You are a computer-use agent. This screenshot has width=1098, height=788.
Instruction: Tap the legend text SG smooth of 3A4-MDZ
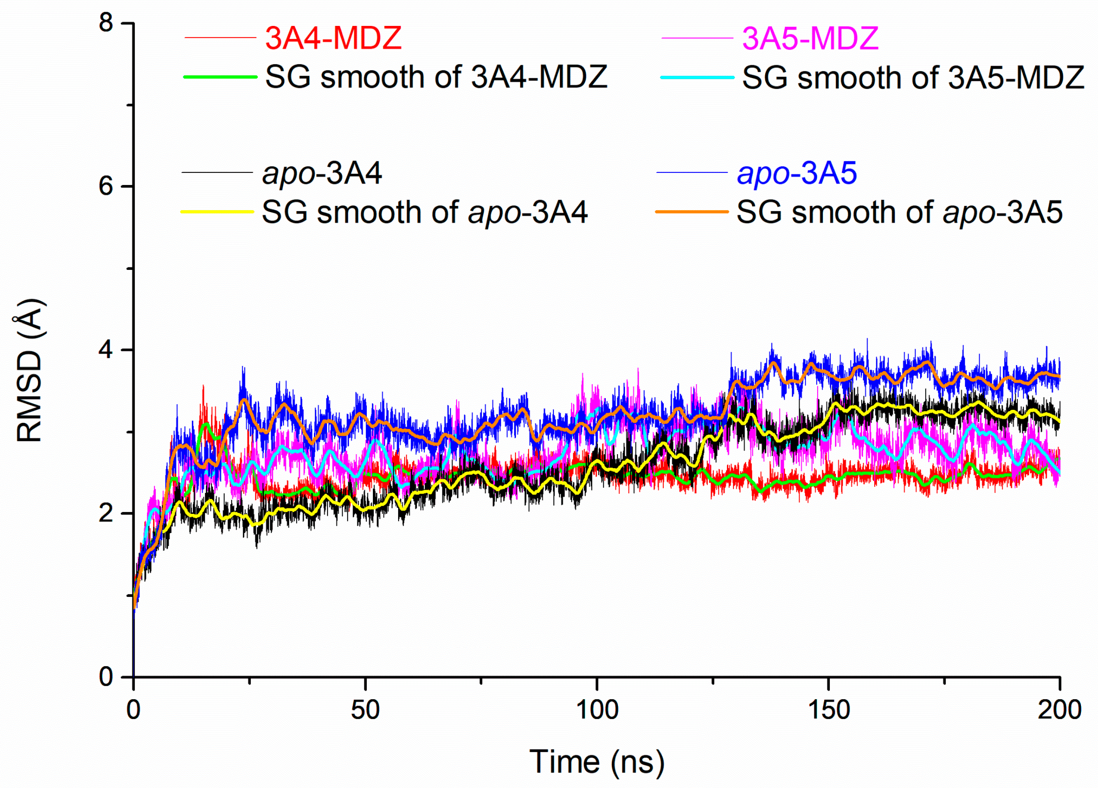pyautogui.click(x=436, y=77)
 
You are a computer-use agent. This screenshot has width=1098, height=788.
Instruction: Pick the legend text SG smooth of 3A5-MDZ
pyautogui.click(x=913, y=77)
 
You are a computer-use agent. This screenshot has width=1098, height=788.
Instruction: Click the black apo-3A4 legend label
pyautogui.click(x=322, y=173)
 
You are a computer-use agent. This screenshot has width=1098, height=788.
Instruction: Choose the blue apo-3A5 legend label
pyautogui.click(x=797, y=173)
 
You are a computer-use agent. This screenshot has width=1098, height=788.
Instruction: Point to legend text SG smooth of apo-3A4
pyautogui.click(x=425, y=212)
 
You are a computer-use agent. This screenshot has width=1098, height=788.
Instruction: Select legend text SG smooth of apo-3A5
pyautogui.click(x=899, y=212)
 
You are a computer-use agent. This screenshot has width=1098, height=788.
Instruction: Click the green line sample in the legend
pyautogui.click(x=220, y=77)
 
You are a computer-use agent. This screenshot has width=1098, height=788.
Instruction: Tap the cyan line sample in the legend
pyautogui.click(x=697, y=77)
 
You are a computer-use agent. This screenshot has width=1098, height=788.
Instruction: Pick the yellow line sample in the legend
pyautogui.click(x=217, y=212)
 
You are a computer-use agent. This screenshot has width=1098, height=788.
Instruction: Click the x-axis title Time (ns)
pyautogui.click(x=597, y=762)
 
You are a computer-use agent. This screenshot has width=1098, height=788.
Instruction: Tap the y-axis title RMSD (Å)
pyautogui.click(x=30, y=371)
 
